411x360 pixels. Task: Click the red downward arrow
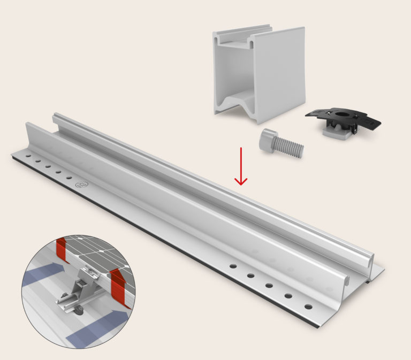click(241, 166)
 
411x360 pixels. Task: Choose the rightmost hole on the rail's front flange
click(307, 307)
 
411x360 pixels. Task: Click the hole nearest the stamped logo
click(68, 178)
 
